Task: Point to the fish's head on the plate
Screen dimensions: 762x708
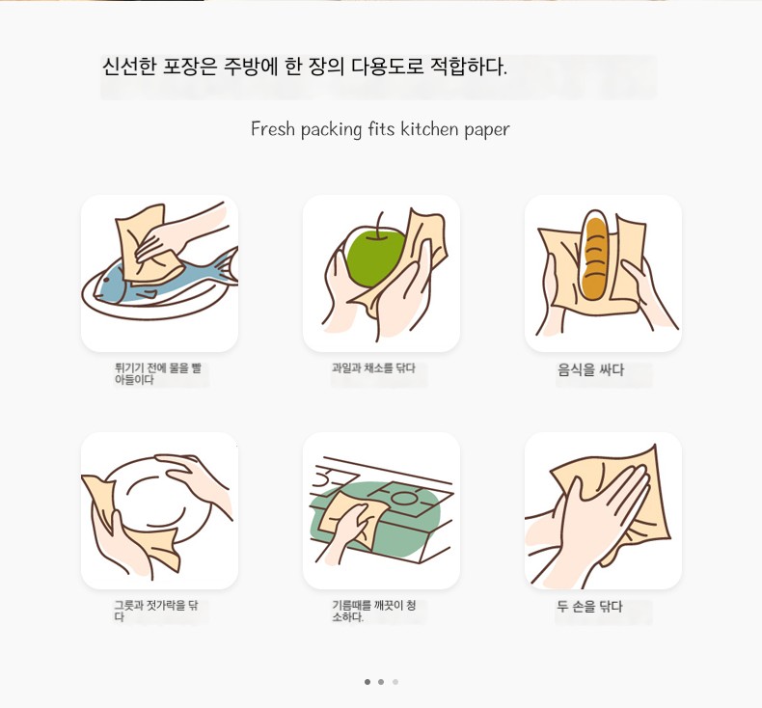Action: (108, 286)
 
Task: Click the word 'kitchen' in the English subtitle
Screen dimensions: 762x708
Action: (429, 129)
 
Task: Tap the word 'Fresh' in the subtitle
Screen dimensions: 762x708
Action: (273, 129)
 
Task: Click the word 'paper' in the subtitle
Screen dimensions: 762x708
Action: (487, 130)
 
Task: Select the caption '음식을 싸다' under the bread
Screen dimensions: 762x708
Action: (590, 370)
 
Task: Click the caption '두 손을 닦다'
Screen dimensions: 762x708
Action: (589, 607)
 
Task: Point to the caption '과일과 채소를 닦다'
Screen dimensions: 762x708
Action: (373, 368)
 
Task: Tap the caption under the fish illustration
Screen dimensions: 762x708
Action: (158, 373)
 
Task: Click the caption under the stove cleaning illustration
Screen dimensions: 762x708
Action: (373, 611)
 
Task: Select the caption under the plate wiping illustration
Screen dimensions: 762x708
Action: (156, 611)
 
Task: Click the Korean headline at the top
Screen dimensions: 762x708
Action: (304, 67)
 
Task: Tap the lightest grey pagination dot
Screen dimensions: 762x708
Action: (395, 682)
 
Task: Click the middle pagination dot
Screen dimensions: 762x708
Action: (381, 682)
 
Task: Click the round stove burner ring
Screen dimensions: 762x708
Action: (404, 498)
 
